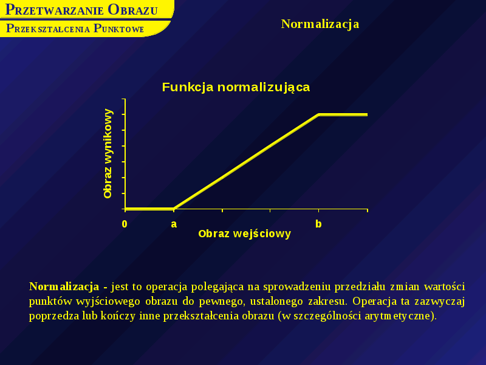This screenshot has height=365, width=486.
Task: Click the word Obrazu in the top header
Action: [x=132, y=10]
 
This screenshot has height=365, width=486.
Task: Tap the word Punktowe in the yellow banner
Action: [x=118, y=29]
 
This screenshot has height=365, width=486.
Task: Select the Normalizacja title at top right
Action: [x=320, y=24]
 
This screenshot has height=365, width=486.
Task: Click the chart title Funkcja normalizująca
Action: [x=236, y=87]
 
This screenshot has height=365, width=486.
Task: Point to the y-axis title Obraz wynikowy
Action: [x=108, y=153]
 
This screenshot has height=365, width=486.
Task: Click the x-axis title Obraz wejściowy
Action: [x=245, y=234]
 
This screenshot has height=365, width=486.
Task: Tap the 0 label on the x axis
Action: [x=125, y=224]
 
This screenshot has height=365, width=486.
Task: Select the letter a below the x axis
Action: [x=174, y=224]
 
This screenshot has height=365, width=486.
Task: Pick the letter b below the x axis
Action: [x=318, y=223]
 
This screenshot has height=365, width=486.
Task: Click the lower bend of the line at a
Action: [x=174, y=208]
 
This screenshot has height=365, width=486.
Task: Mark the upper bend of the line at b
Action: [x=318, y=114]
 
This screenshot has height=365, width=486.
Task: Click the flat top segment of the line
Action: [x=343, y=114]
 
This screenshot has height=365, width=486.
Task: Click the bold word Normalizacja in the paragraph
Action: [x=64, y=287]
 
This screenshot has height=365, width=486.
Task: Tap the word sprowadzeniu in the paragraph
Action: [x=297, y=287]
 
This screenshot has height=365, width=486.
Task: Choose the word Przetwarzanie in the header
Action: [x=54, y=10]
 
